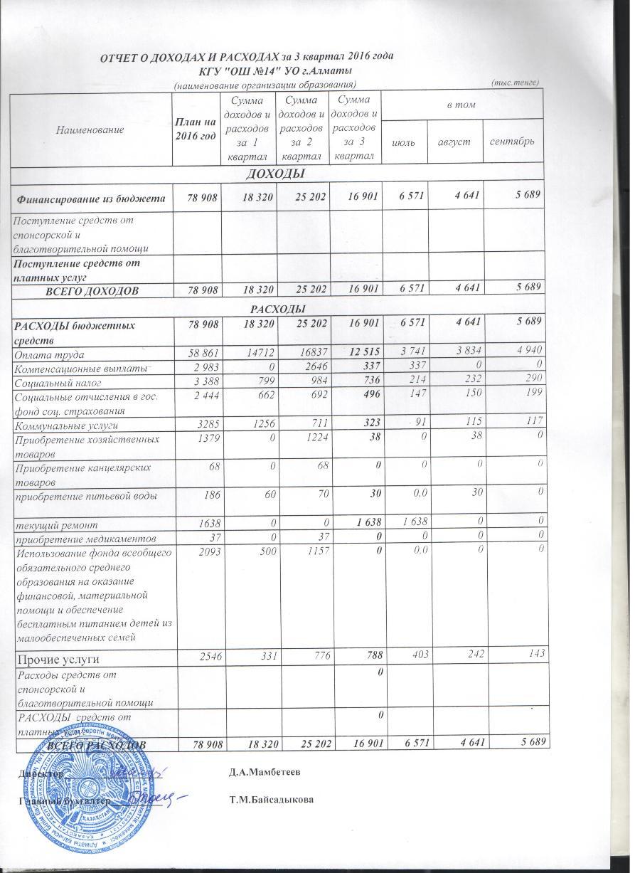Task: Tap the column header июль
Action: [405, 142]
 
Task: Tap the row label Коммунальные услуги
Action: [66, 425]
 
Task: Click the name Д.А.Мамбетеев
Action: [263, 771]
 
